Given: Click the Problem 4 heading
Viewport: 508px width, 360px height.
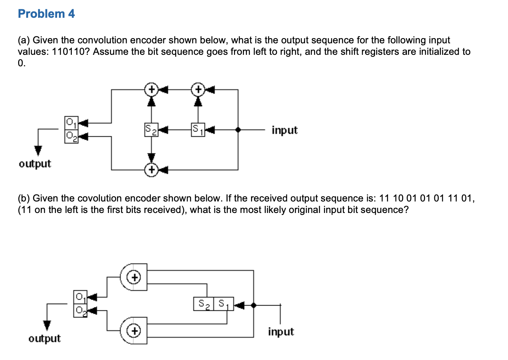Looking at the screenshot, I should coord(46,14).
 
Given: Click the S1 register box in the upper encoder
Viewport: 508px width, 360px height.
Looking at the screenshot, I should coord(198,130).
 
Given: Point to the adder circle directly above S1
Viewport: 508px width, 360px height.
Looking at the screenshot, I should coord(198,89).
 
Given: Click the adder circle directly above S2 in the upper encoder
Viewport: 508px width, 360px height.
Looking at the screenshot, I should coord(151,89).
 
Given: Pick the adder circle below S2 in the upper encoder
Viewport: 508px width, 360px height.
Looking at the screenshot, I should coord(151,170).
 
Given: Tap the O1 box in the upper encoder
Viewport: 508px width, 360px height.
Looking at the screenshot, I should coord(71,123).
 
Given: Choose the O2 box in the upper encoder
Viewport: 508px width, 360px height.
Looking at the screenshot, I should coord(71,136).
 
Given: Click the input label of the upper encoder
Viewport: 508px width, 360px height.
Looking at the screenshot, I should coord(284,130).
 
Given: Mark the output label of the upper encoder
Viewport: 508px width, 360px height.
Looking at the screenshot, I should coord(35,164).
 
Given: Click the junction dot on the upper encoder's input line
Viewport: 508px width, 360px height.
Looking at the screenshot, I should coord(238,130).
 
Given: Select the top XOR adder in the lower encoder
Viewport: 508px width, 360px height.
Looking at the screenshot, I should coord(134,277).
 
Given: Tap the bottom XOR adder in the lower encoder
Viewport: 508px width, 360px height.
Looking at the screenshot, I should coord(134,330).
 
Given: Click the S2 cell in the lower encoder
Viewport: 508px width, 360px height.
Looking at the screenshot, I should coord(204,304).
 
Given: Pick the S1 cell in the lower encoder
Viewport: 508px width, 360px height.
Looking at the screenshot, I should coord(224,304).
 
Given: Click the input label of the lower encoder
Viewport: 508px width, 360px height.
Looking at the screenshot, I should coord(281,332).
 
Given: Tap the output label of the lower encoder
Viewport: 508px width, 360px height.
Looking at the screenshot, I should coord(44,339).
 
